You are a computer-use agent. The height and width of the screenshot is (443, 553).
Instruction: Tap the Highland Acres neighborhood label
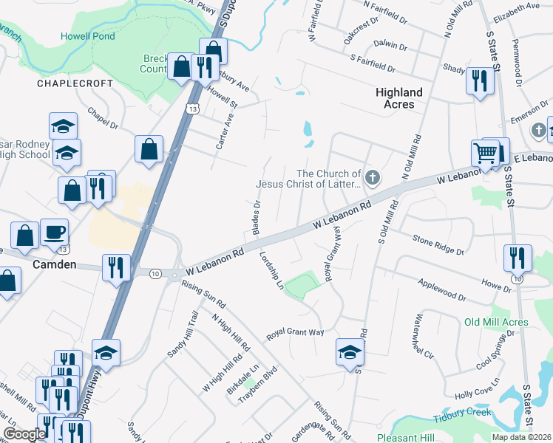(x=399, y=98)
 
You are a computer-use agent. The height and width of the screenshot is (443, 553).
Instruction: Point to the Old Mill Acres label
(x=495, y=323)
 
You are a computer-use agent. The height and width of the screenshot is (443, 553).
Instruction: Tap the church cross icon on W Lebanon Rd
(x=373, y=177)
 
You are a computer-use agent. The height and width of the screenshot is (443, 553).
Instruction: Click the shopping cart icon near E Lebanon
(x=486, y=153)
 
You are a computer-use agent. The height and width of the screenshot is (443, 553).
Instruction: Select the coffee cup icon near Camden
(x=55, y=233)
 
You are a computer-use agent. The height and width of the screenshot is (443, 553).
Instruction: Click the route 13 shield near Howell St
(x=191, y=109)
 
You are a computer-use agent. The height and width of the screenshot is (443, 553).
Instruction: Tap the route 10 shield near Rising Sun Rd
(x=155, y=273)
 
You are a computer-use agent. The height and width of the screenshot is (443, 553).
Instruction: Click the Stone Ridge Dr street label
(x=438, y=246)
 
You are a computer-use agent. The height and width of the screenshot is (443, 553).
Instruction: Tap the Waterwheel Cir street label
(x=427, y=336)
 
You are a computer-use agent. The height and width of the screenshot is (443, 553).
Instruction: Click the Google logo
(x=24, y=434)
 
